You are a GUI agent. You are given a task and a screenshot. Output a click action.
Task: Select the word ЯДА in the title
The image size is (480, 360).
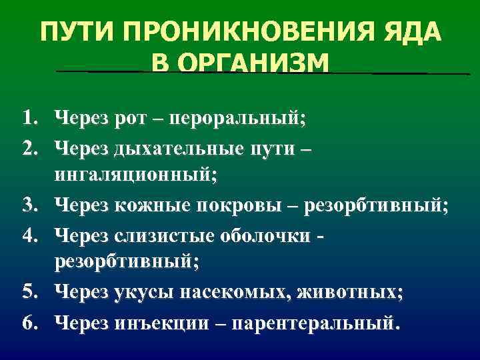point(411,33)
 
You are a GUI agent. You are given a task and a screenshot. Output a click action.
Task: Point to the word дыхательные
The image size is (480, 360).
point(171,149)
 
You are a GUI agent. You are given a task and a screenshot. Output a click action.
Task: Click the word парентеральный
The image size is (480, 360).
point(311,323)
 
